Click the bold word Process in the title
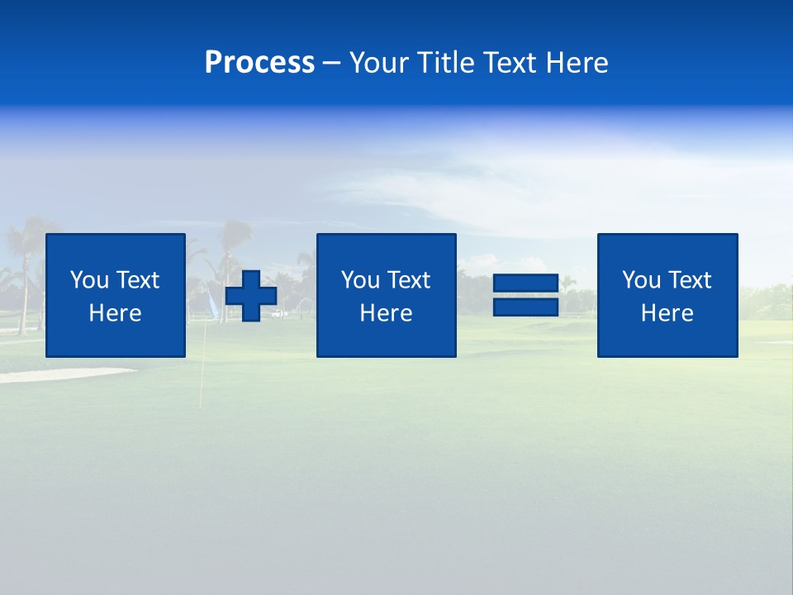coord(259,63)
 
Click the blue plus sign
coord(251,296)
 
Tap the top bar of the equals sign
coord(525,283)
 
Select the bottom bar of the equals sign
coord(525,307)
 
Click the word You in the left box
coord(89,280)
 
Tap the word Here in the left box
coord(115,313)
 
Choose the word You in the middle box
coord(360,280)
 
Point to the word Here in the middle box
coord(386,313)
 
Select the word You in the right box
coord(641,280)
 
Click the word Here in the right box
coord(667,313)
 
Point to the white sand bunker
coord(58,374)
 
